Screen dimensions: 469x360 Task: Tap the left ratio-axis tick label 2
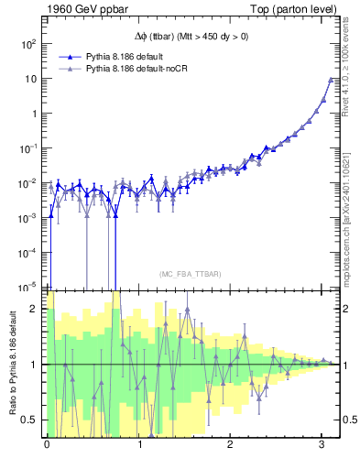(37, 309)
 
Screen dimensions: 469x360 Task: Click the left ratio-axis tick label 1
(37, 365)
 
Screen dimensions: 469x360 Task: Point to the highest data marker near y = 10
(330, 80)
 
